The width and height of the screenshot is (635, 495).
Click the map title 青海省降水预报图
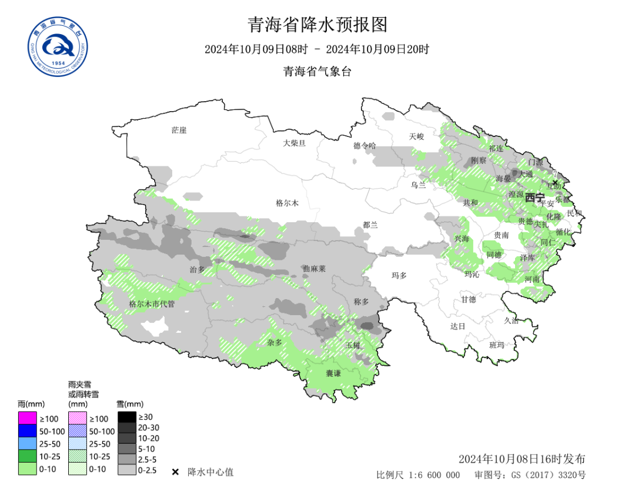[317, 25]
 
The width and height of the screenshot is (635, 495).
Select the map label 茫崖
[179, 130]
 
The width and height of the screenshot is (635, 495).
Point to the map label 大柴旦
[294, 143]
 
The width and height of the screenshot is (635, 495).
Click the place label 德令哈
[365, 145]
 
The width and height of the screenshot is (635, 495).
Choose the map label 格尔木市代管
[152, 304]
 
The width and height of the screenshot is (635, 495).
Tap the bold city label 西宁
[535, 197]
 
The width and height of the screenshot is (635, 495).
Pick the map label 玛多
[399, 275]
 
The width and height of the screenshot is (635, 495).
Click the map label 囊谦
[333, 373]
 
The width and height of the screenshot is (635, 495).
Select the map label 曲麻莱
[314, 268]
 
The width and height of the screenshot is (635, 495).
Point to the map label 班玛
[497, 345]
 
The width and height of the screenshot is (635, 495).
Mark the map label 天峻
[416, 136]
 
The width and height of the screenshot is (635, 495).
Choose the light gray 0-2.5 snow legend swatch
[126, 470]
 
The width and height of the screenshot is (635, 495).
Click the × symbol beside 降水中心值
[175, 472]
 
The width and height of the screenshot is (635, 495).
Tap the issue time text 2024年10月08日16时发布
[522, 459]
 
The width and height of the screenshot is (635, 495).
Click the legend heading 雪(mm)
[130, 404]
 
